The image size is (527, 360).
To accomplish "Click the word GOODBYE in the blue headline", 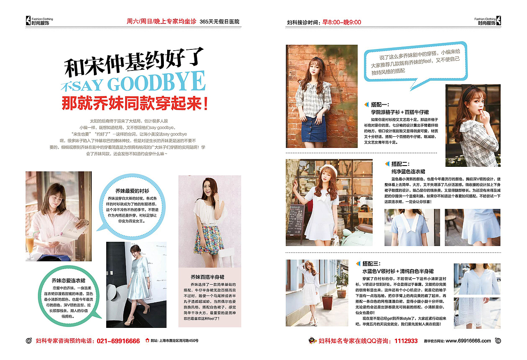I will click(156, 82).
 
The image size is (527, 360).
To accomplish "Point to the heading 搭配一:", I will click(380, 105).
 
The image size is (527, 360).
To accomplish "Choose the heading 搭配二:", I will click(400, 164).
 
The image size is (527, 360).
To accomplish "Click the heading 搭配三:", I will click(371, 264).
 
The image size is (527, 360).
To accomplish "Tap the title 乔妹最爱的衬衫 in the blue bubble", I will click(132, 191).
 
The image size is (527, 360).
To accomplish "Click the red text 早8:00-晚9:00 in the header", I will click(341, 22).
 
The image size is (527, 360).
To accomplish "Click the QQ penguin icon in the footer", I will click(312, 341).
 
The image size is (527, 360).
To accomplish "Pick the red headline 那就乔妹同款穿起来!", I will click(135, 103).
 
